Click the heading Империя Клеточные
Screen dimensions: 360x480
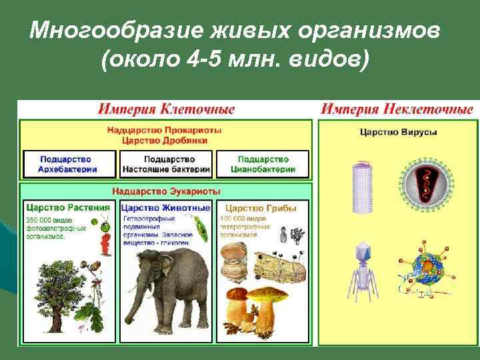(166, 109)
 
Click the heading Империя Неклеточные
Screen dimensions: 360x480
(397, 109)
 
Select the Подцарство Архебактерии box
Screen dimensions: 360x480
(69, 164)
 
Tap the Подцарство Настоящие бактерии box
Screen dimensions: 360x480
(165, 164)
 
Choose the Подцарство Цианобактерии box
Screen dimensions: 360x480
(263, 164)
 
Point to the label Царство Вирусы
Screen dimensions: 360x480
(398, 133)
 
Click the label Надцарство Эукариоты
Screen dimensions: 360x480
(166, 191)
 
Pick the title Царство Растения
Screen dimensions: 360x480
(67, 207)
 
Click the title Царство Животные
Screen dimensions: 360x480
(165, 207)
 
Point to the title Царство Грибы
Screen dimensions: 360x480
(253, 207)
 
